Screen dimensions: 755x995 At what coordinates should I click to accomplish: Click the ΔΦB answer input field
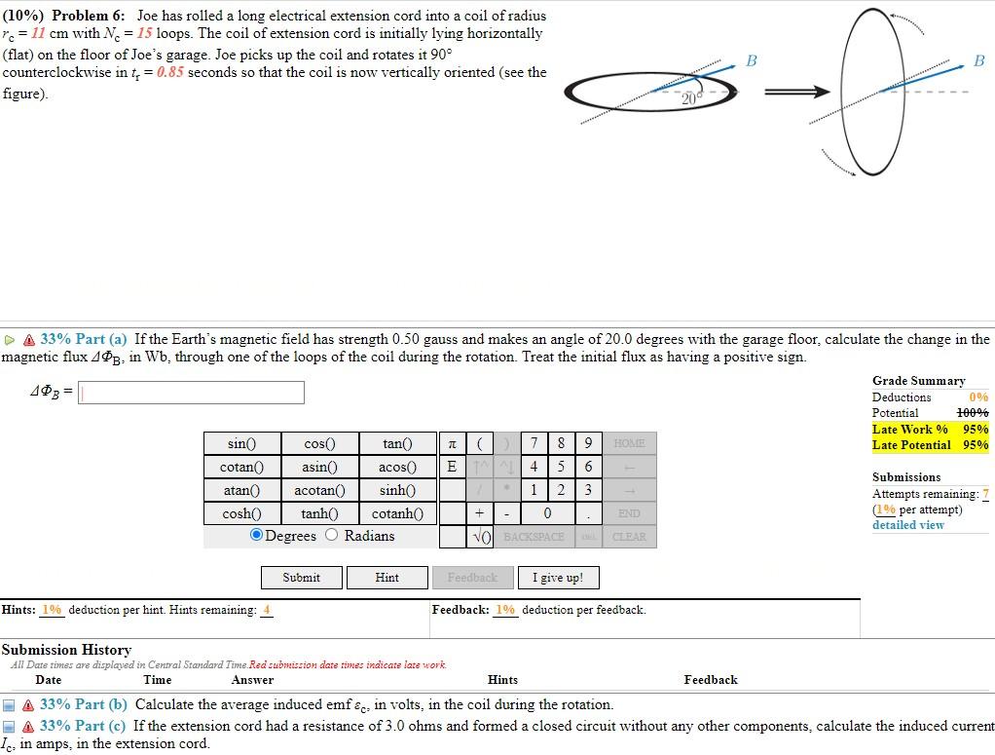191,393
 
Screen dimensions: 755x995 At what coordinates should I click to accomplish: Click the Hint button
387,578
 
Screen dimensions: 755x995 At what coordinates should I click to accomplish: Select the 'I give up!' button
558,578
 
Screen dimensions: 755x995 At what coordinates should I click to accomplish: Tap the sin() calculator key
241,444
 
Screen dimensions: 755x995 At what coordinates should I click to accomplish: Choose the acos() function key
398,467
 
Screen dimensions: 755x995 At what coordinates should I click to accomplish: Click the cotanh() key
398,513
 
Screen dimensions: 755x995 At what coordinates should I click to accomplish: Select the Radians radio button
331,535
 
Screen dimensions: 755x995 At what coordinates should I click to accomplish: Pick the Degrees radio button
257,535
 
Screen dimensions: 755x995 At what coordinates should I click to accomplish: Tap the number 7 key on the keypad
534,444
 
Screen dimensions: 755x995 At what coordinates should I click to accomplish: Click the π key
452,444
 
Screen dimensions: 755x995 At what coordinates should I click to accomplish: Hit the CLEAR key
629,537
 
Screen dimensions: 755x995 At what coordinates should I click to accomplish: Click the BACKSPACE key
534,537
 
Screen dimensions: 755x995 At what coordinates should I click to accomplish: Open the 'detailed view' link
907,525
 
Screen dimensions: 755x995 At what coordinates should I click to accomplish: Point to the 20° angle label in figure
691,98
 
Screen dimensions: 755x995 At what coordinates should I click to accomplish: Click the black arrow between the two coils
795,93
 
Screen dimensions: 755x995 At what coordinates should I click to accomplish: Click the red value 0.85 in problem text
169,73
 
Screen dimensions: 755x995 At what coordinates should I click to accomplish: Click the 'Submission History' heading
66,650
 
